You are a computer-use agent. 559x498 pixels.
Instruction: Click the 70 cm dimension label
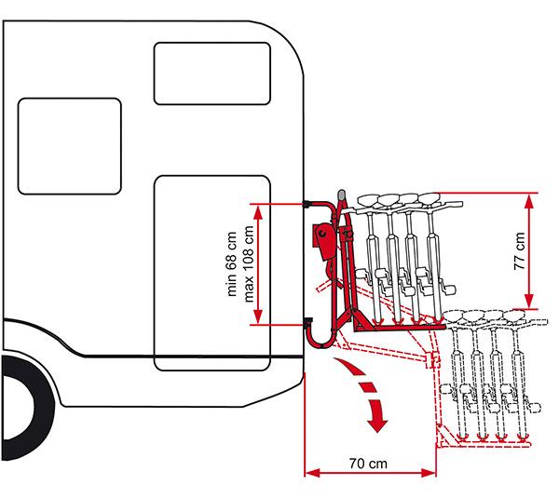click(x=370, y=462)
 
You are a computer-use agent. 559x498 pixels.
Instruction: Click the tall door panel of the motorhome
click(x=212, y=271)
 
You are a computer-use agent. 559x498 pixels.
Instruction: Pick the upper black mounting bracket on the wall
click(x=309, y=203)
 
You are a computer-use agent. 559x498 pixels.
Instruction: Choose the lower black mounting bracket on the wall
click(x=308, y=324)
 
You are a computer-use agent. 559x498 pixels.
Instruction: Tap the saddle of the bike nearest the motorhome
click(x=362, y=197)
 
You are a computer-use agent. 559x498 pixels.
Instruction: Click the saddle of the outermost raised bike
click(x=429, y=196)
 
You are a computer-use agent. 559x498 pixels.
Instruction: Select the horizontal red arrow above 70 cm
click(x=370, y=474)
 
